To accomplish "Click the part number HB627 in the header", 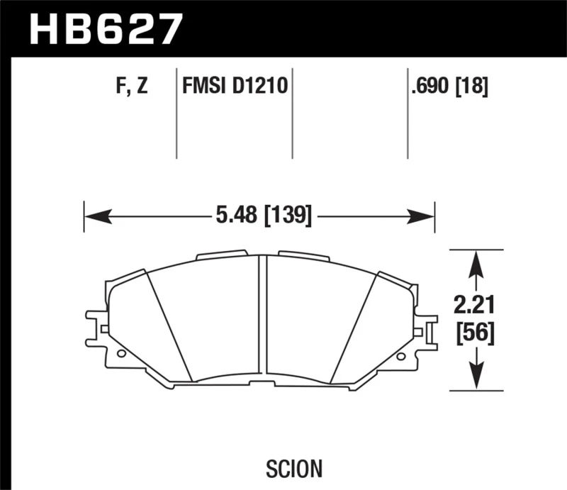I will [x=104, y=29].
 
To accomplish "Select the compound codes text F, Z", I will [x=132, y=88].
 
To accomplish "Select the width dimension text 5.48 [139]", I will [x=259, y=213].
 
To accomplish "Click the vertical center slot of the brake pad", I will [x=262, y=312].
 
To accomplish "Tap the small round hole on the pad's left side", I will [x=121, y=353].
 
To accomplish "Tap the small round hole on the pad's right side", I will [x=403, y=352].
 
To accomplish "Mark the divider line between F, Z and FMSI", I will [x=176, y=113].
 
